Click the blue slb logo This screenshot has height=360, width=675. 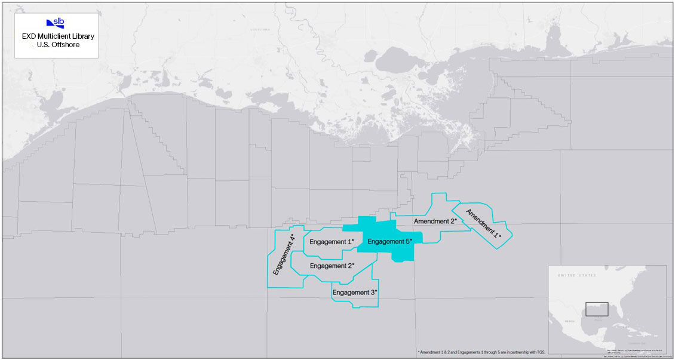tap(56, 23)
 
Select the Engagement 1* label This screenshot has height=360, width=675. tap(332, 242)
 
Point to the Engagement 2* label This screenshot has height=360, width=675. tap(332, 266)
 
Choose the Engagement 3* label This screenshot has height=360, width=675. tap(355, 293)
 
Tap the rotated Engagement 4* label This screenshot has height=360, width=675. tap(284, 255)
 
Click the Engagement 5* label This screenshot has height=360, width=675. tap(389, 242)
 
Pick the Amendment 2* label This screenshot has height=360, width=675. tap(435, 221)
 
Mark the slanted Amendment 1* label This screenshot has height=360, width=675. tap(483, 224)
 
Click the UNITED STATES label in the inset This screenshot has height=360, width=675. tap(576, 276)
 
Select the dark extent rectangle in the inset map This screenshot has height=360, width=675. tap(597, 309)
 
